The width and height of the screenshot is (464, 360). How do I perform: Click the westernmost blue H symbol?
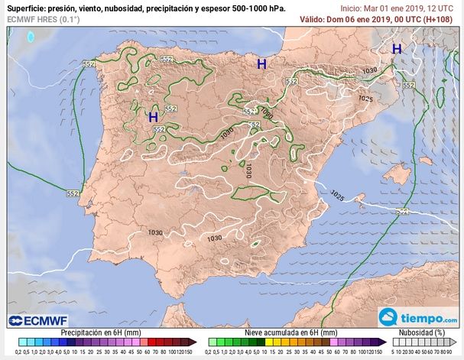coord(153,117)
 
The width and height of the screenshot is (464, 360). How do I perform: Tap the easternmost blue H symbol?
coord(397,49)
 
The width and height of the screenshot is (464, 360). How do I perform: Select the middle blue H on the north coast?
coord(261,65)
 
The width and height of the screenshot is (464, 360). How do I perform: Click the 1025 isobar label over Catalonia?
coord(365,99)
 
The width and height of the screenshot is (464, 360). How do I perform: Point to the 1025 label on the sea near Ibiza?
coord(336,196)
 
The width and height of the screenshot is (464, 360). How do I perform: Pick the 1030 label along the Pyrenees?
coord(371,70)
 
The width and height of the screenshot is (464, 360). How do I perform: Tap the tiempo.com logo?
coord(418,317)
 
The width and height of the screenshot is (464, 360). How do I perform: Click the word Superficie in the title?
coord(28,8)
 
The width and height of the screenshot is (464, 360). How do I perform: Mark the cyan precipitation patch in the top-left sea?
coord(31,36)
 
